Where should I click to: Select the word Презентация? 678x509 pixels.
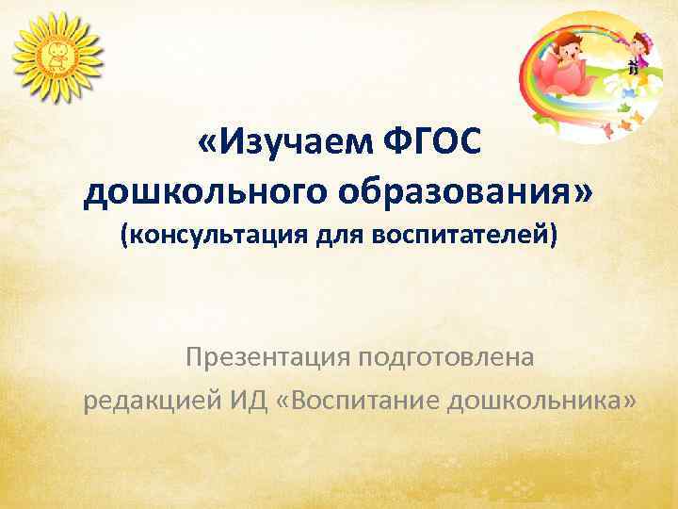[x=268, y=358]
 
